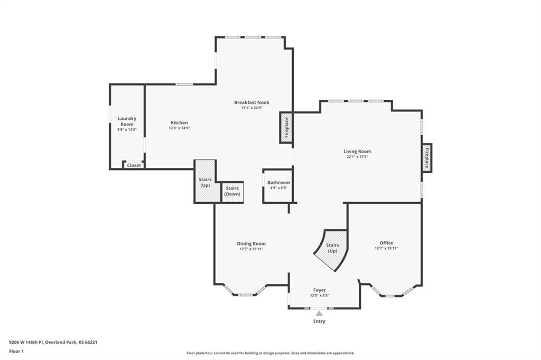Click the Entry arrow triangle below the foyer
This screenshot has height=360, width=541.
[x=319, y=313]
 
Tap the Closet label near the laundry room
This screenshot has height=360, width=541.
[x=134, y=165]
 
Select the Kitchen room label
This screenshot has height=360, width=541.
[x=180, y=122]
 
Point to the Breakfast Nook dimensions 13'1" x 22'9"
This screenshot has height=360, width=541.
[x=252, y=108]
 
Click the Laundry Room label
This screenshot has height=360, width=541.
[x=127, y=121]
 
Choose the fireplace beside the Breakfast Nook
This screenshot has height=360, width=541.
[x=286, y=128]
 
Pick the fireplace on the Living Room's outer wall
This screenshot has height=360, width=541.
[x=427, y=158]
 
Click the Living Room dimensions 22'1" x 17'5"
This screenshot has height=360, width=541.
[x=358, y=157]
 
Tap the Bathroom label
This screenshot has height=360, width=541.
[x=279, y=183]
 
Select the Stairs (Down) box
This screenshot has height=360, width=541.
[x=232, y=192]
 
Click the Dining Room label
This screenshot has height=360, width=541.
[x=251, y=243]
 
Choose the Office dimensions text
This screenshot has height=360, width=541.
[x=386, y=248]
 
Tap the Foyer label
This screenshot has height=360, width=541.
[x=320, y=290]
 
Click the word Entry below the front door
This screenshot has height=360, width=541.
[x=319, y=321]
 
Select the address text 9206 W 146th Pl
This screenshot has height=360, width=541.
[x=26, y=343]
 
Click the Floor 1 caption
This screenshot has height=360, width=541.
[x=16, y=352]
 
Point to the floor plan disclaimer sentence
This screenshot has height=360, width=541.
[x=270, y=353]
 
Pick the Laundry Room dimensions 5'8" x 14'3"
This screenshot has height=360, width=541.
[x=127, y=130]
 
